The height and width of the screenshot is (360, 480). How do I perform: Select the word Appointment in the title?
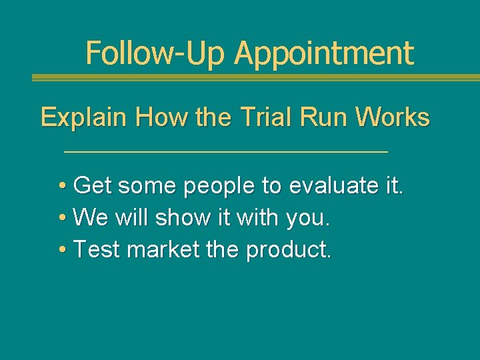point(324,54)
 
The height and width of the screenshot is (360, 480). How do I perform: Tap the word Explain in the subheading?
point(84,118)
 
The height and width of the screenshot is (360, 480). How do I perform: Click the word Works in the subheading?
point(393,117)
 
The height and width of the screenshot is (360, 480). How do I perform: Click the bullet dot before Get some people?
point(61,185)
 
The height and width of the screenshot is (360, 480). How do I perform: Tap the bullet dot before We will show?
point(61,217)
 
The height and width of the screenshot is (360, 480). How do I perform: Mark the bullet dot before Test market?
point(61,249)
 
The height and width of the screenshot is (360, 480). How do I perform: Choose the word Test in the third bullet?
point(97,249)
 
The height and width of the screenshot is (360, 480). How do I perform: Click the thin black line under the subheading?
point(225,153)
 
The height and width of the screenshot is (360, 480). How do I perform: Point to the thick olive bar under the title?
point(256,77)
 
